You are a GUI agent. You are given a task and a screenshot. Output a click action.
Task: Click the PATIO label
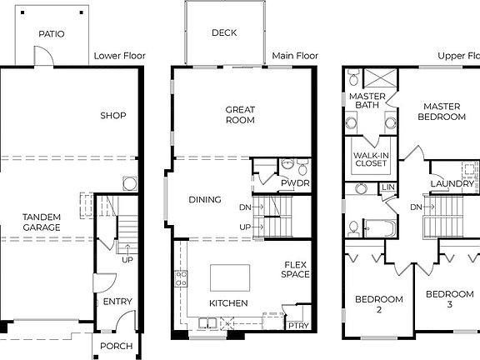(51, 35)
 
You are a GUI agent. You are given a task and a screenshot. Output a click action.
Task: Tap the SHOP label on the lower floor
(112, 116)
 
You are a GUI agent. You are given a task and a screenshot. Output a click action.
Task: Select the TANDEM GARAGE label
(41, 222)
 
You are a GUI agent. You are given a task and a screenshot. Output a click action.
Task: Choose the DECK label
(224, 33)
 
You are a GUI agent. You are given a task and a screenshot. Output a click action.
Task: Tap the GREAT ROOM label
(240, 115)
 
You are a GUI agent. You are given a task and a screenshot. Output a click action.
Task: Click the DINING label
(205, 200)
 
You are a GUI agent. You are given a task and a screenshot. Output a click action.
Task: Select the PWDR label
(294, 182)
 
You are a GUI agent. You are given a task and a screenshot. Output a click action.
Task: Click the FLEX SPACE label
(295, 269)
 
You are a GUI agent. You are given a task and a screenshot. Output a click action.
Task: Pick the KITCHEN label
(227, 303)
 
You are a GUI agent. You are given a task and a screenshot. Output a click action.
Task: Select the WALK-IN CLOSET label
(371, 158)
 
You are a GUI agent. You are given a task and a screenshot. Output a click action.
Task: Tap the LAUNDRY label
(451, 183)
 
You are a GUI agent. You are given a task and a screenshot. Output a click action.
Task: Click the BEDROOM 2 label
(379, 304)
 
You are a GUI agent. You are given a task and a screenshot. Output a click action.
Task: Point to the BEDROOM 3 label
(449, 300)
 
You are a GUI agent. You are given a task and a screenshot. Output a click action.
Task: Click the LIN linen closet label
(388, 187)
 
